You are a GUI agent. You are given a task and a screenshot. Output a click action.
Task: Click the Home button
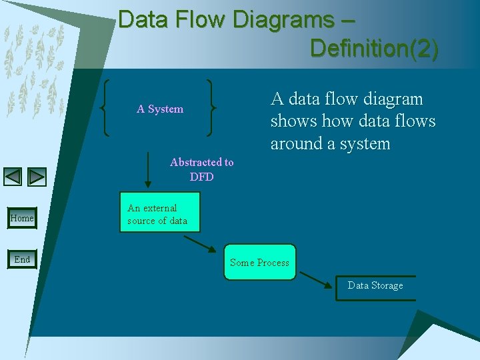click(x=22, y=218)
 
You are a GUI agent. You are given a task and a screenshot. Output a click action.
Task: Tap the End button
click(x=22, y=259)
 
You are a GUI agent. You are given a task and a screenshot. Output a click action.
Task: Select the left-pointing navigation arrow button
click(x=13, y=177)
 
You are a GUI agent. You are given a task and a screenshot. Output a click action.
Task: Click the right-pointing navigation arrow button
click(x=37, y=177)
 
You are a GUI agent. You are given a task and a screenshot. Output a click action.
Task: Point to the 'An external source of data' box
click(x=159, y=214)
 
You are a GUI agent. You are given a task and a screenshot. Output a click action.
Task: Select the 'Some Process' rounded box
click(x=259, y=262)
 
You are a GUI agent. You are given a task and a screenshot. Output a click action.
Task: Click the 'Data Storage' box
click(x=375, y=287)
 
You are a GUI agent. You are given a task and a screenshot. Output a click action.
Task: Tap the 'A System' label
click(x=160, y=109)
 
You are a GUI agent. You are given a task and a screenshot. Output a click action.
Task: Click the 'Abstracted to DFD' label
click(x=201, y=169)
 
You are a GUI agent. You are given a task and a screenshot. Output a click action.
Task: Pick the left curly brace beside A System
click(x=106, y=108)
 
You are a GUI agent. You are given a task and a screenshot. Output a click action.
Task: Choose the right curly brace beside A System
click(x=212, y=108)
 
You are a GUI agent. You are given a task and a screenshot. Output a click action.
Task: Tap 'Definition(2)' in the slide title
click(x=374, y=48)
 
